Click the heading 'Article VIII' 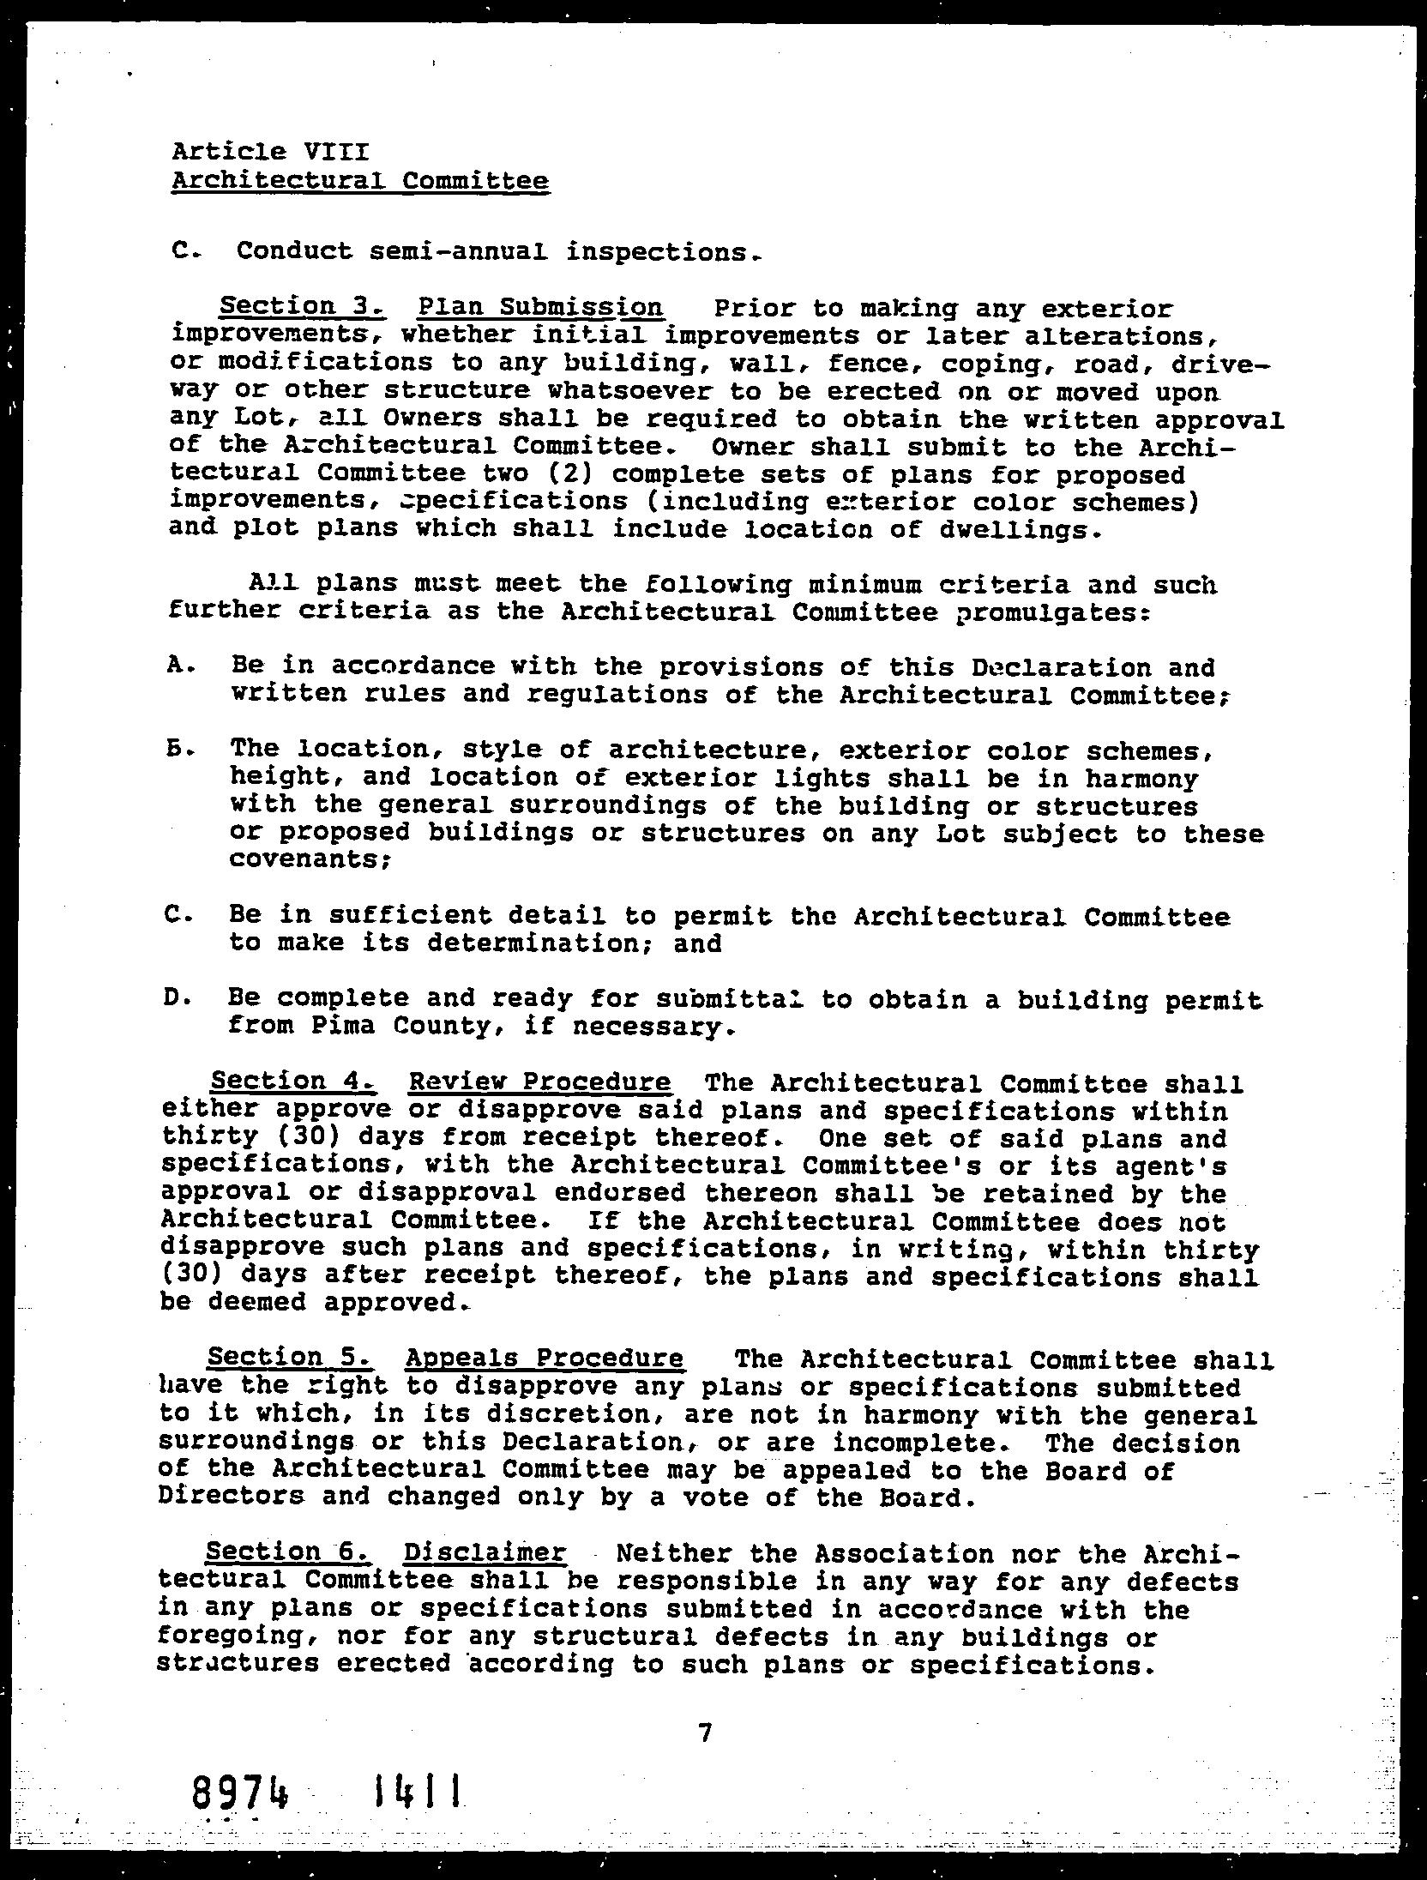(270, 152)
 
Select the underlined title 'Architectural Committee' (360, 181)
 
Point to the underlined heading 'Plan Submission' (540, 308)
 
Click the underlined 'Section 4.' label (292, 1082)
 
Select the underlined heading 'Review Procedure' (540, 1082)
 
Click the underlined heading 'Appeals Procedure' (545, 1359)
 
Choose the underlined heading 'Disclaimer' (485, 1553)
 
